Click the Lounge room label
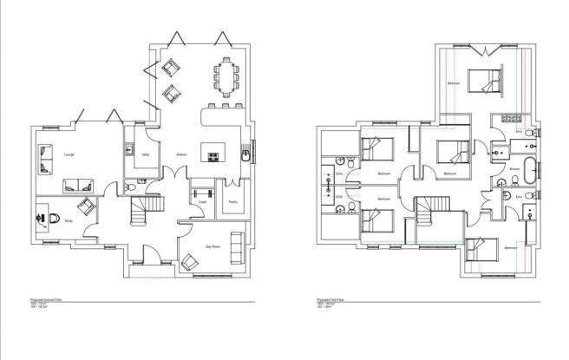tap(69, 155)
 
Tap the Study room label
tap(69, 220)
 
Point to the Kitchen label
tap(181, 154)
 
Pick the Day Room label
tap(211, 245)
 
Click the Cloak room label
tap(201, 202)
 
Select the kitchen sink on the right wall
tap(246, 156)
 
